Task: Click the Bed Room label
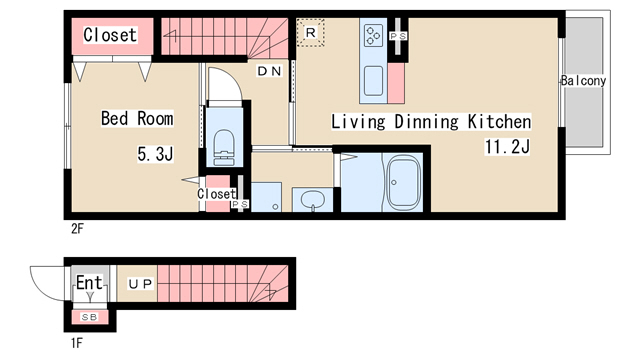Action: (137, 118)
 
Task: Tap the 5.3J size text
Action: (156, 154)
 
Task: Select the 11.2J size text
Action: (507, 147)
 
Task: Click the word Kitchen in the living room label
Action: (499, 122)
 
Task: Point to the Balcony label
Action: (583, 80)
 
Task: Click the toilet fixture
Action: (224, 147)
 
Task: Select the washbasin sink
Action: (313, 200)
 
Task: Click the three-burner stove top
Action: (373, 35)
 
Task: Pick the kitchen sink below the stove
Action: (373, 81)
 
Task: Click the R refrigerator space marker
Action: (311, 32)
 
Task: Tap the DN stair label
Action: (269, 71)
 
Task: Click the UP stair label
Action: (140, 284)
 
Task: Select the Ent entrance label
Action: (89, 282)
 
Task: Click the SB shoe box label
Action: (89, 317)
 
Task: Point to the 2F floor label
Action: (77, 229)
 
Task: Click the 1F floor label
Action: (77, 343)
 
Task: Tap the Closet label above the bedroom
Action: (110, 35)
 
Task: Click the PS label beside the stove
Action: (398, 36)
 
